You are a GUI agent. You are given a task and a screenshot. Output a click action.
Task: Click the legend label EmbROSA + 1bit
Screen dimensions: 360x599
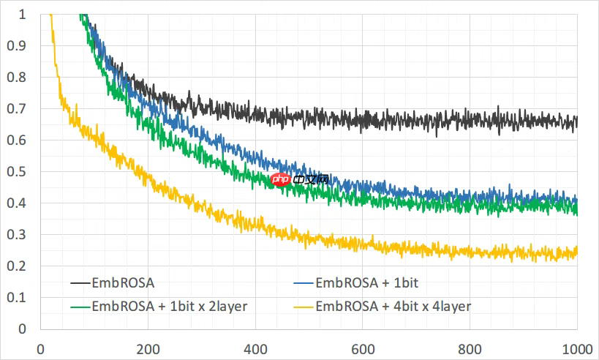(366, 282)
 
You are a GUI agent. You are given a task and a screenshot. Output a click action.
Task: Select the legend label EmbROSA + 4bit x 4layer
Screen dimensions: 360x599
(393, 306)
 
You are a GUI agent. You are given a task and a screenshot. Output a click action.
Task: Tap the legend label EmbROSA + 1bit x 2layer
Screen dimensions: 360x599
(169, 306)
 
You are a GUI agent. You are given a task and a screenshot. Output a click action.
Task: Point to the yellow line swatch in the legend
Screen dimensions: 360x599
(304, 306)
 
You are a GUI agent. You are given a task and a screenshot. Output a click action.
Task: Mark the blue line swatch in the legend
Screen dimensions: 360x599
(304, 282)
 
